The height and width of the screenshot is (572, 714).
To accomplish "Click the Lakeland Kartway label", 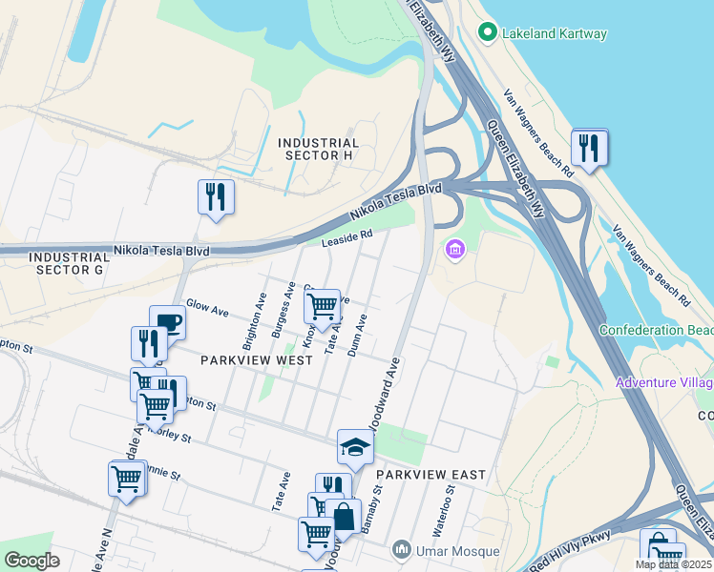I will pos(556,34).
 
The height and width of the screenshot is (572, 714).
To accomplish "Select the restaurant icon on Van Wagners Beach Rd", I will pos(589,148).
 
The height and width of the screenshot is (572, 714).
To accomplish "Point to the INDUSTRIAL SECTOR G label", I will pos(70,264).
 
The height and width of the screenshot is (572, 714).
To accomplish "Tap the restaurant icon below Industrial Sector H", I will pos(215,196).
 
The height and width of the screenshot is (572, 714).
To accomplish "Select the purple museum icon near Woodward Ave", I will pos(454,251).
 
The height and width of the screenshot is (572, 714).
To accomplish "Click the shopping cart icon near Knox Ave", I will pos(323,306).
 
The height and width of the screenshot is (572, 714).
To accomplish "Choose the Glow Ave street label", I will pos(207,309).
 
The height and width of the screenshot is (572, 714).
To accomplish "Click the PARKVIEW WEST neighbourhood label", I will pos(256,360).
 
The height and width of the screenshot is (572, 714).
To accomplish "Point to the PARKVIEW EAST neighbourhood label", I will pos(430,474).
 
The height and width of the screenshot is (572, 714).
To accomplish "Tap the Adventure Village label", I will pos(665,382).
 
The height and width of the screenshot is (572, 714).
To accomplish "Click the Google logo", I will pos(32,561).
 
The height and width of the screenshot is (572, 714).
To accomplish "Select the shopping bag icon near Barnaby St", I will pos(344,517).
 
